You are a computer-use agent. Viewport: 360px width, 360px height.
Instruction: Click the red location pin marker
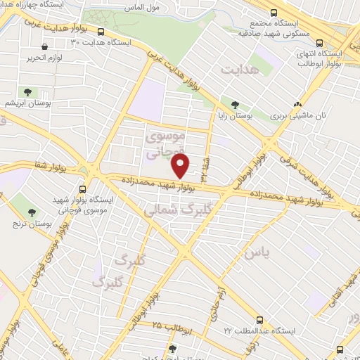[181, 166]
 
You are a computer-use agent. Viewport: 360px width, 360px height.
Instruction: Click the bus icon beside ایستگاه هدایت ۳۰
[102, 32]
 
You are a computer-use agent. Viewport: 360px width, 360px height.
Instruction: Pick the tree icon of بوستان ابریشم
[27, 92]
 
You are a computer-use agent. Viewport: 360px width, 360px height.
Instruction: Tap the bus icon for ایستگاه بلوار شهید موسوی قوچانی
[83, 189]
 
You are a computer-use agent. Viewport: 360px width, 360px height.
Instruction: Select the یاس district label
[255, 250]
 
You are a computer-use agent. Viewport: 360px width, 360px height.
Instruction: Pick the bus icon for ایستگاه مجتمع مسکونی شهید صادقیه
[274, 13]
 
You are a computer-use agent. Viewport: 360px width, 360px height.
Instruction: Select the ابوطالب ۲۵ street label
[167, 327]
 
